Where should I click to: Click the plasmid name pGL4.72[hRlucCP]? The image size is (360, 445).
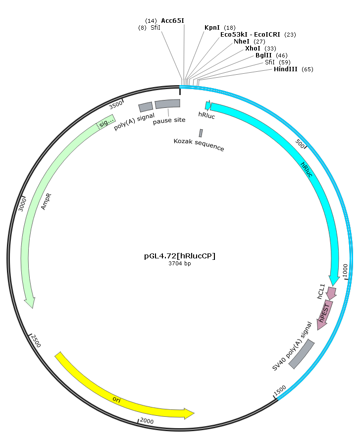tap(180, 256)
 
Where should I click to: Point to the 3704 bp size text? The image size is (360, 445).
tap(180, 264)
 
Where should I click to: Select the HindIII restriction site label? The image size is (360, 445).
tap(286, 69)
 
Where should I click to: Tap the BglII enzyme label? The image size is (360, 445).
tap(263, 55)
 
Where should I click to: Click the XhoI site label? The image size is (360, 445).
tap(253, 49)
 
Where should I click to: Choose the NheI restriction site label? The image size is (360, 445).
tap(242, 42)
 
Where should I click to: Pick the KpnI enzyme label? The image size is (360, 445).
tap(212, 28)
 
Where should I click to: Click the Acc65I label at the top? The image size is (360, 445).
tap(173, 21)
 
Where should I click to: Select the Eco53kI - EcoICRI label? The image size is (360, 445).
tap(250, 35)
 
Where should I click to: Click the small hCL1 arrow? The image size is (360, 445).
tap(331, 293)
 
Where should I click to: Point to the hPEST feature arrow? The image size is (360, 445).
tap(325, 315)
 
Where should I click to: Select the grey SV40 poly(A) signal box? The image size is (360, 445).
tap(302, 354)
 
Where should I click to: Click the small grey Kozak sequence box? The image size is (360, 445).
tap(201, 133)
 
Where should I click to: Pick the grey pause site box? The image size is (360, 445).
tap(167, 104)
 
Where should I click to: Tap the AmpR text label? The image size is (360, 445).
tap(46, 201)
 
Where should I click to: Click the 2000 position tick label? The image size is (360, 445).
tap(147, 421)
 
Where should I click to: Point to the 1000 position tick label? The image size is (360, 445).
tap(345, 270)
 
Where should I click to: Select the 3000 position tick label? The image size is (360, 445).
tap(22, 204)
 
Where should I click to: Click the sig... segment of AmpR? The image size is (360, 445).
tap(106, 122)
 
